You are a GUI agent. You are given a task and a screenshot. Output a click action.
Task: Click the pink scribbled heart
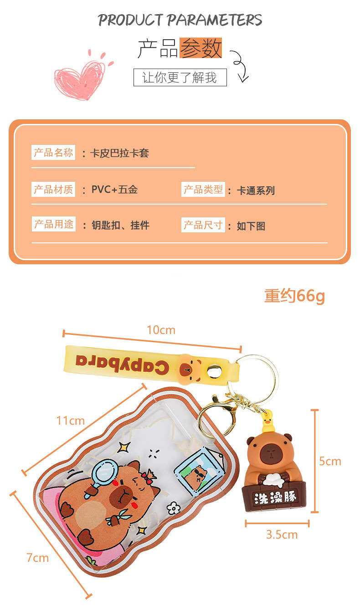click(x=81, y=77)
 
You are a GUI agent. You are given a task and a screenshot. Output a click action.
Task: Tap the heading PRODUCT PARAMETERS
click(x=180, y=20)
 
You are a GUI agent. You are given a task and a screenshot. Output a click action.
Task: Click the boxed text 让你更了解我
click(x=180, y=77)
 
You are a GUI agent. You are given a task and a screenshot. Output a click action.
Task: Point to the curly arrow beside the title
click(x=240, y=66)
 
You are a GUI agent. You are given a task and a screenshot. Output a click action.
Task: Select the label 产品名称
click(x=53, y=153)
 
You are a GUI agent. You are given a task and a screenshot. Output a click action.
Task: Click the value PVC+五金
click(x=114, y=190)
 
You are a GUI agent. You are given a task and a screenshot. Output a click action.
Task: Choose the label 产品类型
click(x=203, y=190)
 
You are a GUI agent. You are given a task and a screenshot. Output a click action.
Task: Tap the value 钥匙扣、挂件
click(x=120, y=225)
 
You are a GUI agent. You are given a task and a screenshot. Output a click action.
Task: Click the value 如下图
click(x=251, y=226)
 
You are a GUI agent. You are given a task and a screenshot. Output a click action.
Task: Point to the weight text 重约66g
click(x=294, y=296)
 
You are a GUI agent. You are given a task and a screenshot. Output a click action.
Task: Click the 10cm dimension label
click(x=161, y=330)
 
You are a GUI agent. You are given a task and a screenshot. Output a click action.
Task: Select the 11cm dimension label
click(x=71, y=421)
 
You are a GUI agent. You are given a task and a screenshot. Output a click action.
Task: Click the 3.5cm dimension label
click(x=282, y=534)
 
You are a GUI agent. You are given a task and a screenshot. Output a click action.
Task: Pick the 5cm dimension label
click(x=330, y=461)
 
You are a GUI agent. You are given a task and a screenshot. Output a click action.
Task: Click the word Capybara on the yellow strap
click(x=122, y=363)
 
